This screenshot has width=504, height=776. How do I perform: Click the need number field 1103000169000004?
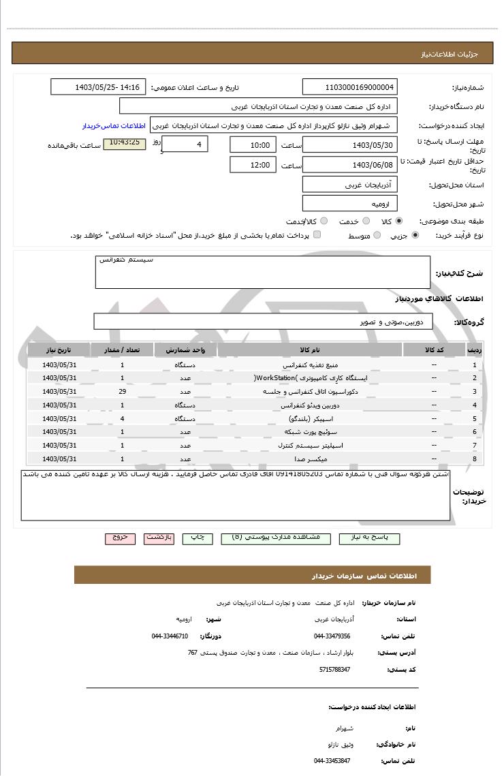(349, 87)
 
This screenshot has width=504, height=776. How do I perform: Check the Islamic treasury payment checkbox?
(317, 235)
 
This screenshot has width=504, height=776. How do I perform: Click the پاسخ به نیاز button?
(369, 538)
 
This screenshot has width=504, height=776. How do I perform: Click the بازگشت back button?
(159, 538)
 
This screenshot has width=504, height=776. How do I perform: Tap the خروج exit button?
(121, 538)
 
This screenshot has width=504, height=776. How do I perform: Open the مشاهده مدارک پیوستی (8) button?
(276, 538)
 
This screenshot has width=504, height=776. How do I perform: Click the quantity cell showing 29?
(122, 392)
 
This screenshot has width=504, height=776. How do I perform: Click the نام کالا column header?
(309, 350)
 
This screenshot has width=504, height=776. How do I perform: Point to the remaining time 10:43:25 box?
(124, 143)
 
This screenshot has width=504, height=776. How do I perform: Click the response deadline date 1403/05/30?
(349, 145)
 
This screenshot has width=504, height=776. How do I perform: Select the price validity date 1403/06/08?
(349, 165)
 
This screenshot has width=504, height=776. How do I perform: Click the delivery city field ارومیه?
(349, 204)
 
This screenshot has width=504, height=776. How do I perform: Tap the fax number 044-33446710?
(170, 636)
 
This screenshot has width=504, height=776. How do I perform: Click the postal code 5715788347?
(334, 670)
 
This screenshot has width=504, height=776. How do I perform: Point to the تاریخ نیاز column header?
(59, 350)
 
